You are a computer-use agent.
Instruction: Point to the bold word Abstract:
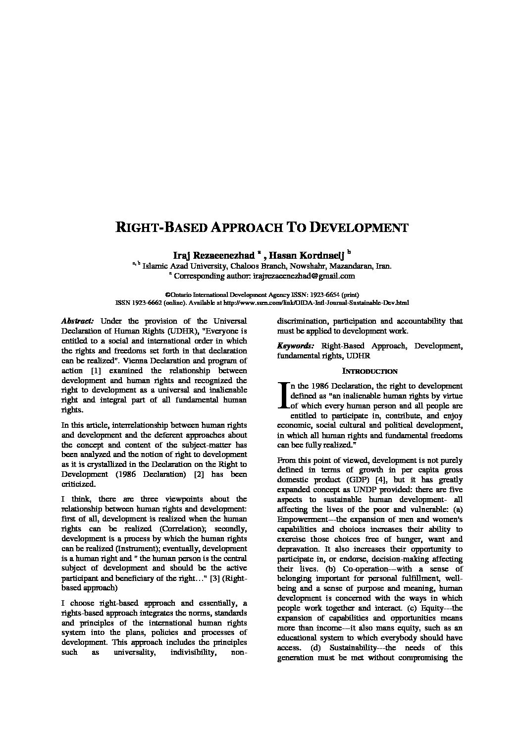pyautogui.click(x=78, y=321)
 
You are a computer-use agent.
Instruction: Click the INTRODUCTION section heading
pyautogui.click(x=370, y=371)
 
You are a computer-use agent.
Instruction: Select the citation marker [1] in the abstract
pyautogui.click(x=97, y=371)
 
